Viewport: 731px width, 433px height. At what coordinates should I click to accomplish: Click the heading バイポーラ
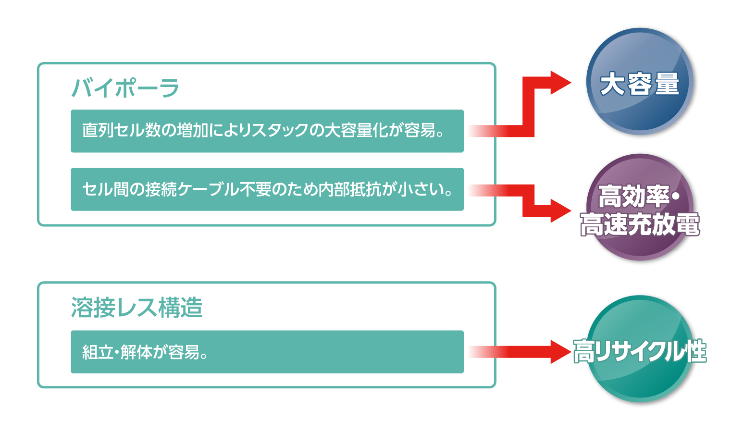click(125, 88)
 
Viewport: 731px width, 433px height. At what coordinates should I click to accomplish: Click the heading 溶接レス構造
click(136, 308)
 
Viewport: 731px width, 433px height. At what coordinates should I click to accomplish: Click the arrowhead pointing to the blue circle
click(559, 83)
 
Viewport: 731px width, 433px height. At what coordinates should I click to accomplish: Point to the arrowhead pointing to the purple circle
click(560, 210)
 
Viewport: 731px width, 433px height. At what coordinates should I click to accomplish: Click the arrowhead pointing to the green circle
click(559, 352)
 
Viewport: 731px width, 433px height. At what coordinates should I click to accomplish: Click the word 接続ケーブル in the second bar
click(192, 189)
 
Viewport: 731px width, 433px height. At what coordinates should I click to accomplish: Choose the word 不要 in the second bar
click(255, 189)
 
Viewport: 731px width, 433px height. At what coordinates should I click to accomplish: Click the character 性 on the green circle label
click(695, 351)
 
